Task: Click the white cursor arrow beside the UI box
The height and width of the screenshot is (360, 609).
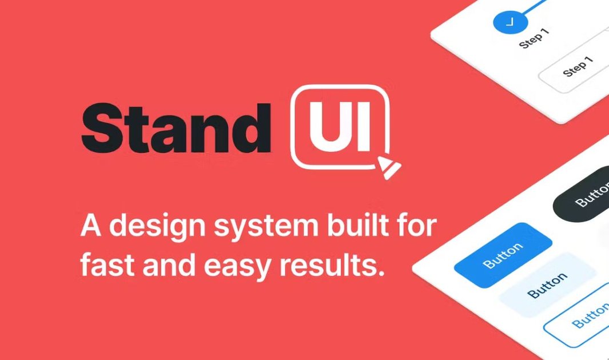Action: click(388, 167)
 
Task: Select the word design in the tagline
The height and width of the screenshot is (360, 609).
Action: click(159, 227)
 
